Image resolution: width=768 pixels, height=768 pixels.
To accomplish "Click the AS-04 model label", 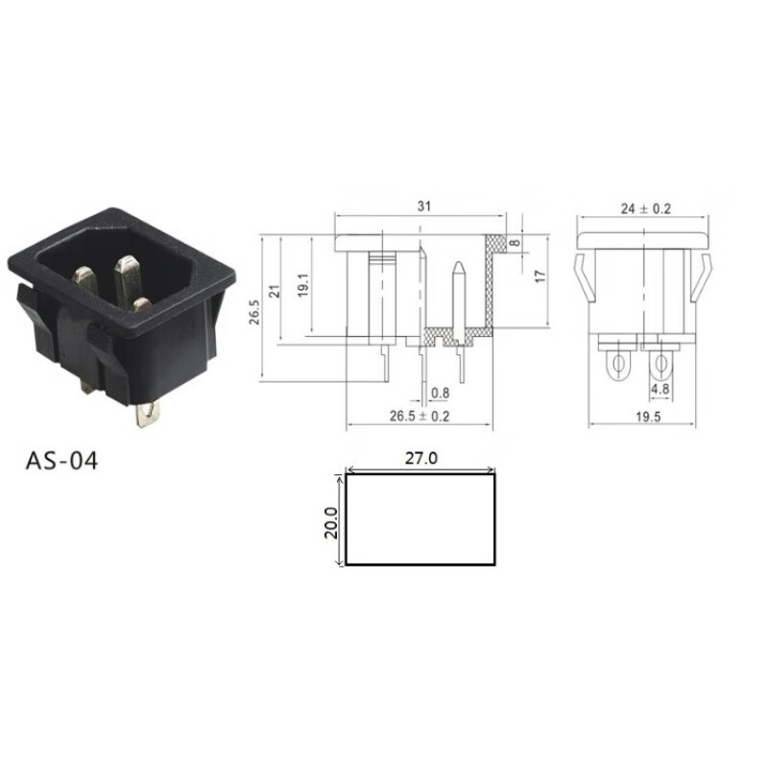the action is (61, 461).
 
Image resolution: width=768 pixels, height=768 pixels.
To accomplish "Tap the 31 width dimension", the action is (424, 206).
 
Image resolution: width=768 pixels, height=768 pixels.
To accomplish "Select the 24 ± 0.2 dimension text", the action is (645, 208).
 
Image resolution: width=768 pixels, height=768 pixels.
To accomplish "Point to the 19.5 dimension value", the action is (648, 417).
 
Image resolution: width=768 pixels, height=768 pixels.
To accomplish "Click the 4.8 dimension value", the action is (660, 390).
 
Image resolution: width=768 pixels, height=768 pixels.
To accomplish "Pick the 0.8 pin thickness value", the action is (440, 393).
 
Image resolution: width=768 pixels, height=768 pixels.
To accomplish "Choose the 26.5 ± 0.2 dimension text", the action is (420, 417).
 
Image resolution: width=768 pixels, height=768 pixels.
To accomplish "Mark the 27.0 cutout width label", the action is (421, 459).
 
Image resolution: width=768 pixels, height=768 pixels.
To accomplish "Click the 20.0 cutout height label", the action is (331, 522).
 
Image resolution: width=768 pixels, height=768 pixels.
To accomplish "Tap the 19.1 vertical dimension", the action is (302, 285).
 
